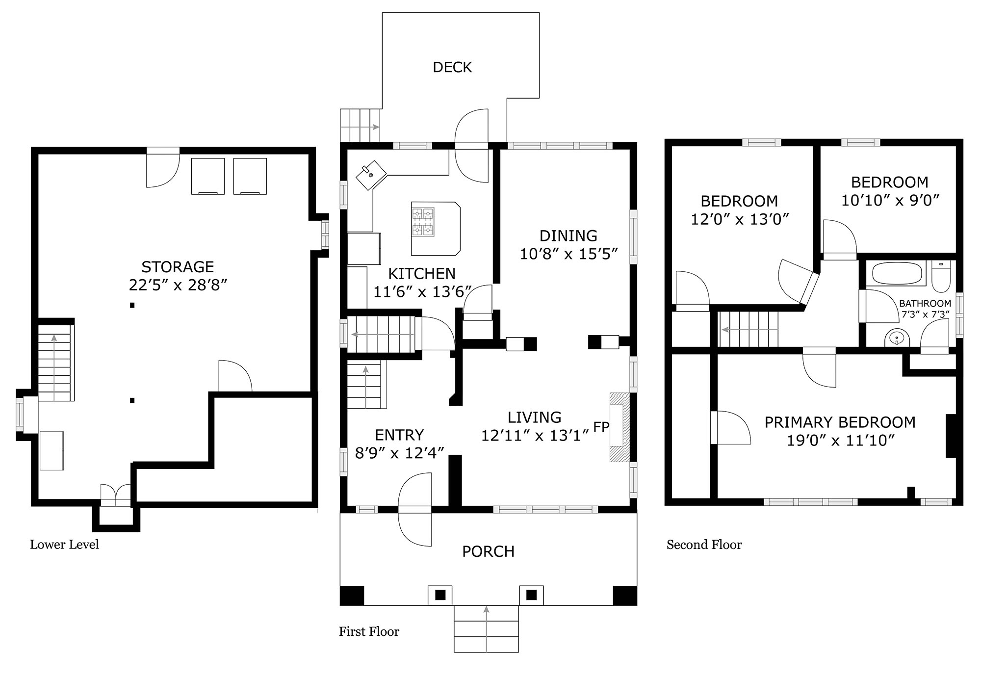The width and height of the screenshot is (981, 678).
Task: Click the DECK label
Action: point(452,67)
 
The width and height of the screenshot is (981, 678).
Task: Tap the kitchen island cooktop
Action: point(423,222)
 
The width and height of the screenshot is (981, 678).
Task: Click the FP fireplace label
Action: point(601,427)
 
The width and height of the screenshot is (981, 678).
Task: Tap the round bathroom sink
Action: point(897,338)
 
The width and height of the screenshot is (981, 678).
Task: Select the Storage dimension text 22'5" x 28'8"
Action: point(178,285)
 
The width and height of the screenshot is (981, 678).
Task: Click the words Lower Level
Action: point(64,545)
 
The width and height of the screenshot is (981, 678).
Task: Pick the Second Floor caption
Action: point(704,545)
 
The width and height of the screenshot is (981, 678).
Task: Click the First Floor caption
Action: point(369,631)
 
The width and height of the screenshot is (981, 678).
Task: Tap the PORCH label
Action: point(488,551)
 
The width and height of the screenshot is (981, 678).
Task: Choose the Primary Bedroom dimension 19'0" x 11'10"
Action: point(841,441)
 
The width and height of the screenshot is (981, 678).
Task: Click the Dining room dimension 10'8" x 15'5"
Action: point(568,254)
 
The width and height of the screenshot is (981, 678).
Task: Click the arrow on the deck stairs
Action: point(360,127)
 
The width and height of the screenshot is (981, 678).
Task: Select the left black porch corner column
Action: point(352,596)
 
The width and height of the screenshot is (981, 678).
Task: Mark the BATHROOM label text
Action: point(925,304)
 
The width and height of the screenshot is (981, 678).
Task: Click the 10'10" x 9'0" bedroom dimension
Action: point(890,201)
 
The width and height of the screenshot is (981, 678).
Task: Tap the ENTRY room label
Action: point(399,435)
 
